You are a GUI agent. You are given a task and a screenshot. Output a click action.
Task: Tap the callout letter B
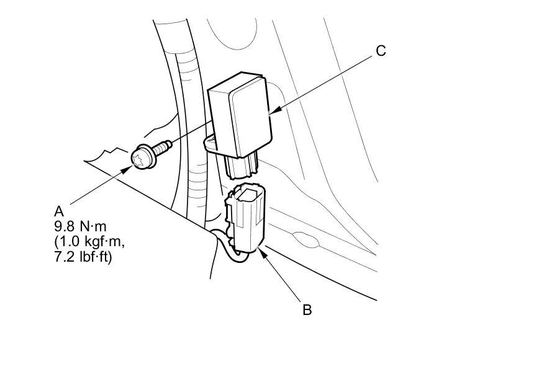pos(307,309)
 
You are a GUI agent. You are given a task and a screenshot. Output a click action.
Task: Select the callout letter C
pos(381,51)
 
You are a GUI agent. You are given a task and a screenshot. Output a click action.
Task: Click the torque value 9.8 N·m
pos(81,226)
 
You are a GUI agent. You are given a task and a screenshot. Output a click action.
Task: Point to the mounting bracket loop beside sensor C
pos(209,144)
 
